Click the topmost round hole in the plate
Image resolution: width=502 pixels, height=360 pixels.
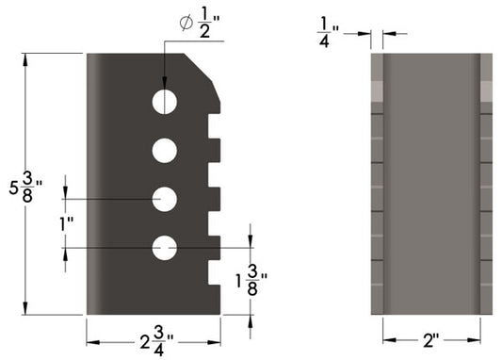(x=166, y=101)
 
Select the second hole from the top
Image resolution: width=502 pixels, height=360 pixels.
(x=166, y=149)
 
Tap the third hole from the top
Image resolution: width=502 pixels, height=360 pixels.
(x=166, y=199)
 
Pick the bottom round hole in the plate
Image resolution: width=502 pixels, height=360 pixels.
(x=166, y=248)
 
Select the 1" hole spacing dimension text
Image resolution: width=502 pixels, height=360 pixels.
(x=67, y=225)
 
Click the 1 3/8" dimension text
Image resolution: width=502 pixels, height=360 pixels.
(x=251, y=279)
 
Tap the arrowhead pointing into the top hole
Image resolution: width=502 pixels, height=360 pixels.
(x=166, y=84)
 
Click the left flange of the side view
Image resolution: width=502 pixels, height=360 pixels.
(x=378, y=184)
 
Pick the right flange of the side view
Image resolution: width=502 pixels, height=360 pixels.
(x=486, y=184)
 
